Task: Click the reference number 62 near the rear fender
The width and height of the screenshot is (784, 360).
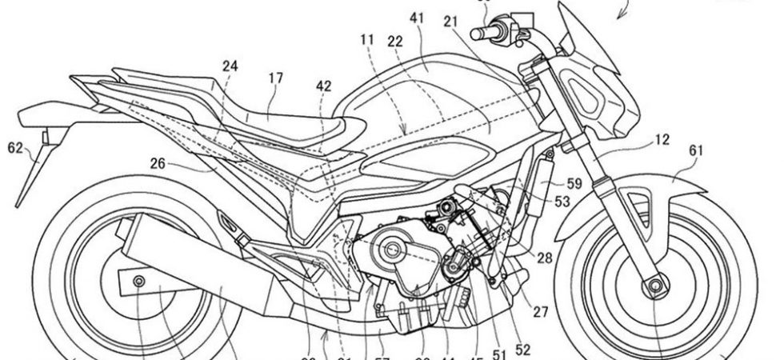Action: (14, 146)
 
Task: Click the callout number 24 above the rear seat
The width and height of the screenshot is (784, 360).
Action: (230, 69)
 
